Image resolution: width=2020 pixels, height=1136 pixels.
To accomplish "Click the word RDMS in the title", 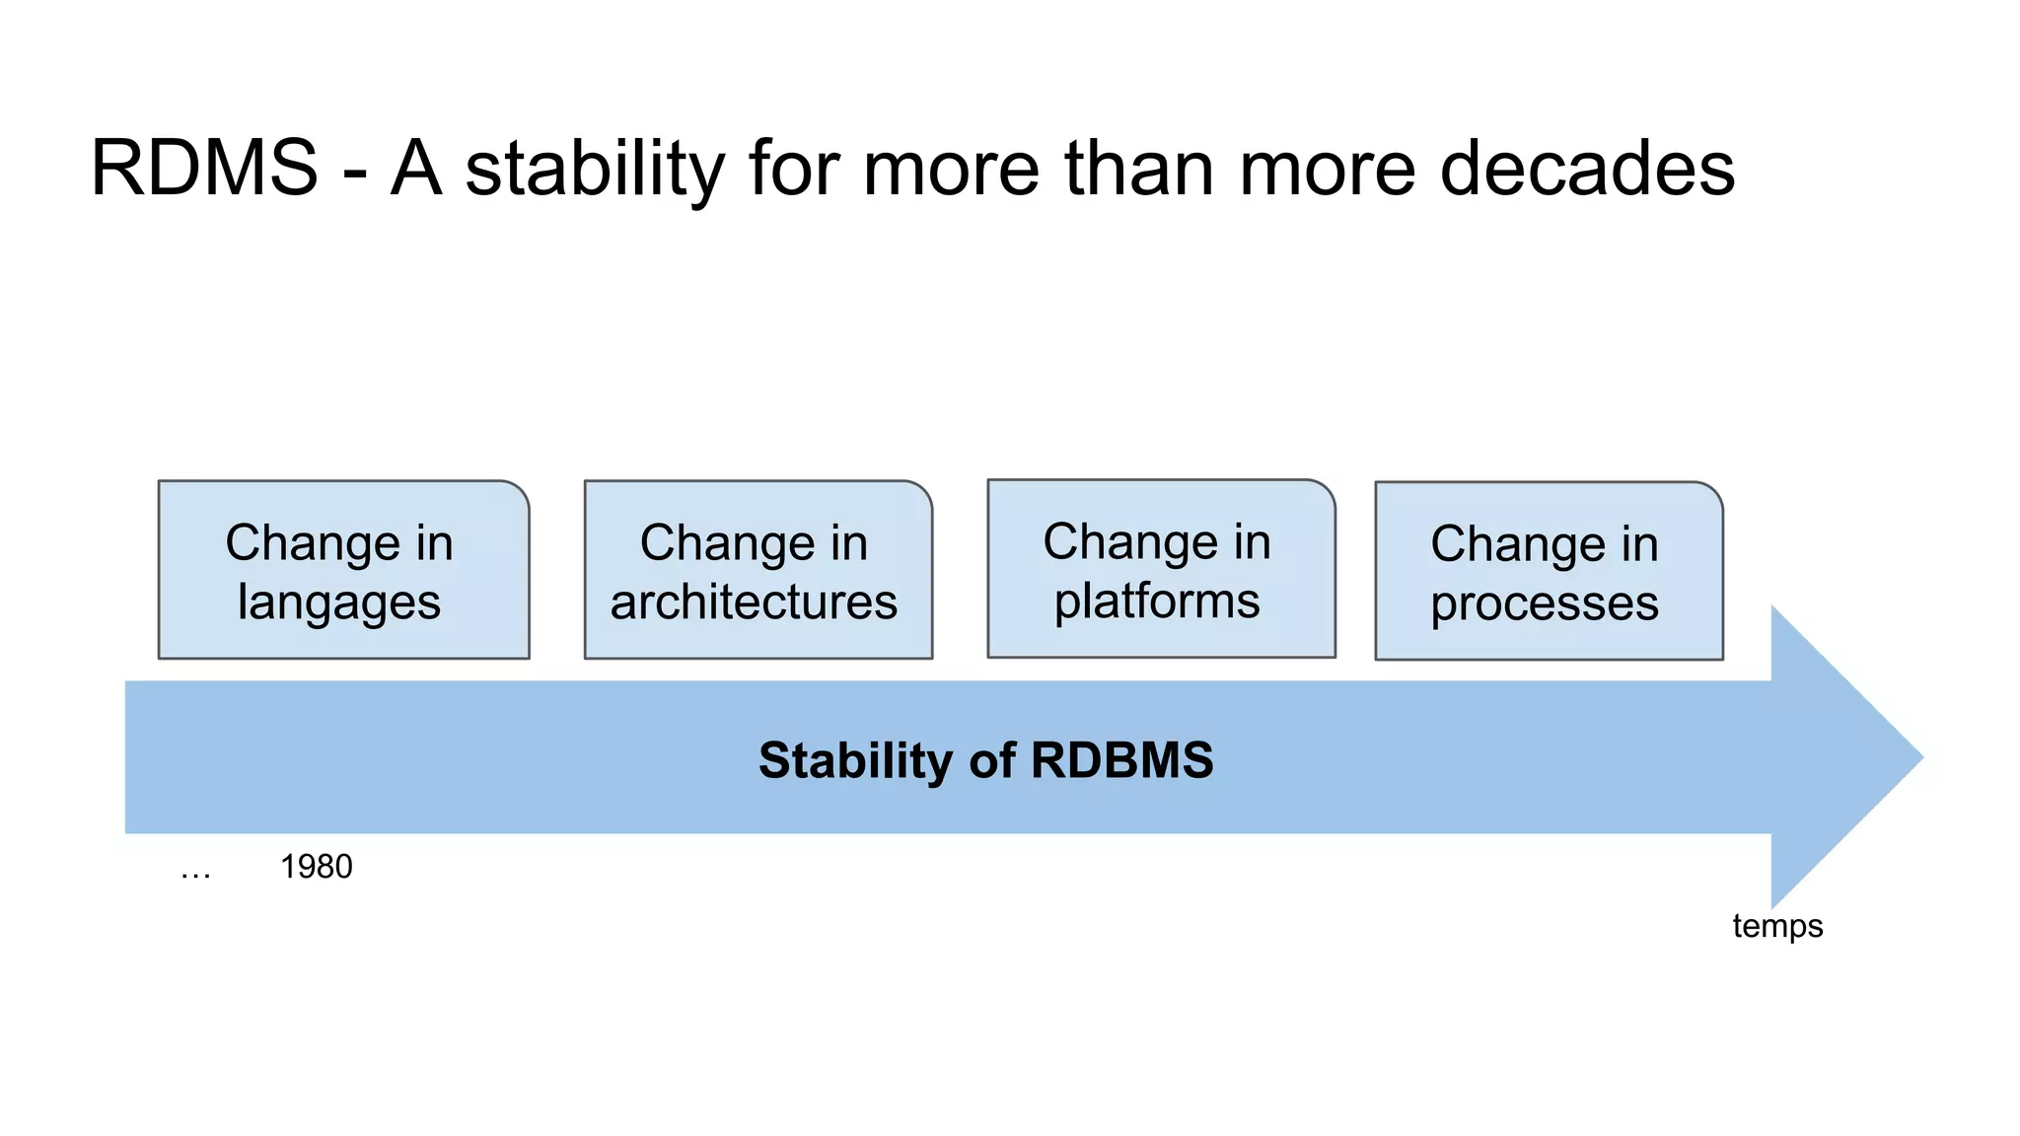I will coord(204,168).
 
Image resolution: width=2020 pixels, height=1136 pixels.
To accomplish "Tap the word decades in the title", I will coord(1586,168).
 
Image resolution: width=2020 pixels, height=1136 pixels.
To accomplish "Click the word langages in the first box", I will coord(338,603).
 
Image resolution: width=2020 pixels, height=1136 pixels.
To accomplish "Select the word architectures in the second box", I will coord(754,602).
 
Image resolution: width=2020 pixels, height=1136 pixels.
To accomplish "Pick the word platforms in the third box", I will coord(1157,602).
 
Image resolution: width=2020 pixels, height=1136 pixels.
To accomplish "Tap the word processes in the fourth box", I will coord(1545,603).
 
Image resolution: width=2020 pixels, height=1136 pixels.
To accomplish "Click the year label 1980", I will coord(316,867).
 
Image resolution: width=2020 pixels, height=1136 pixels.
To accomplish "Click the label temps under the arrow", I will coord(1777,926).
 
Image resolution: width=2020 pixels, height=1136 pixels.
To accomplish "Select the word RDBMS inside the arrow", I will coord(1121,760).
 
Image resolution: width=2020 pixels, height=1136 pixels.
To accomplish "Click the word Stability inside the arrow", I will coord(855,760).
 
